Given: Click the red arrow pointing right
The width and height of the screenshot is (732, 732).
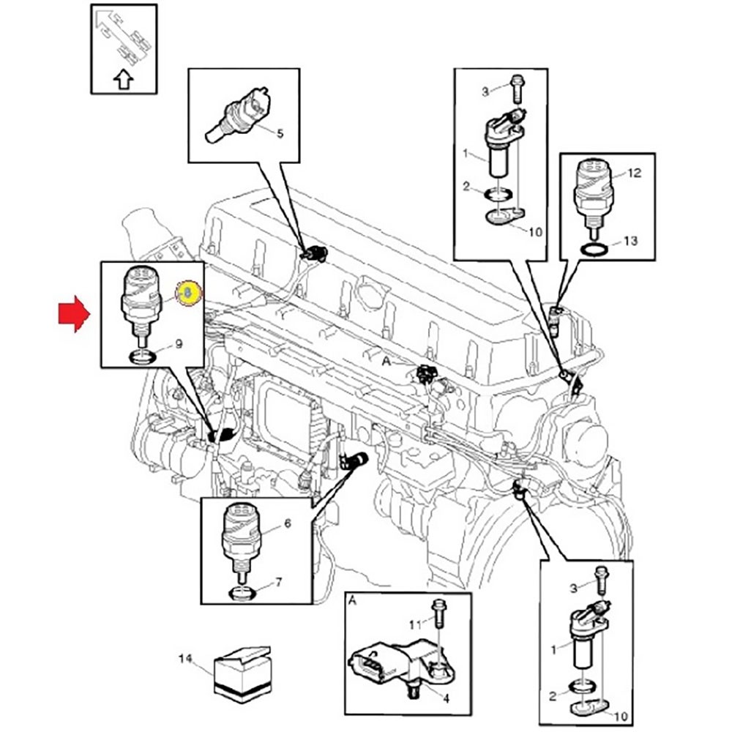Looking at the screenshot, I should click(74, 315).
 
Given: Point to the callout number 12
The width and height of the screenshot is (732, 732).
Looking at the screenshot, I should click(634, 173).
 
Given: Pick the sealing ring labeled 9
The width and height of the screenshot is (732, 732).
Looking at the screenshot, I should click(141, 357).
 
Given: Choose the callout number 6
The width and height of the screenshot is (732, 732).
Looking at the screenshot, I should click(287, 524).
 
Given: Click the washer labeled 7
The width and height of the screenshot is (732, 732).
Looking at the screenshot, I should click(241, 591).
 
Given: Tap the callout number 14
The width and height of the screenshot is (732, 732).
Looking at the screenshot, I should click(185, 659).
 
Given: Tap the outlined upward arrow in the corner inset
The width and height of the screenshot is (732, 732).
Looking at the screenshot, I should click(123, 80).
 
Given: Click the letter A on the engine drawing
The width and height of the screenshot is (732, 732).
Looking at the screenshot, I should click(385, 361).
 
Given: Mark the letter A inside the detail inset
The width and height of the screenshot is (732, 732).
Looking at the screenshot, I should click(353, 600).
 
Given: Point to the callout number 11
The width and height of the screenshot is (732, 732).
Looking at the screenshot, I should click(414, 624).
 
